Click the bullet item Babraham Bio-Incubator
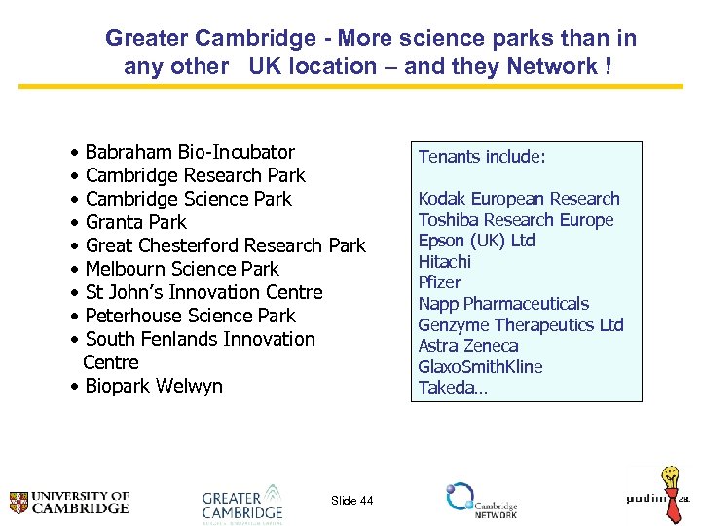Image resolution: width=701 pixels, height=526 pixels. [x=189, y=152]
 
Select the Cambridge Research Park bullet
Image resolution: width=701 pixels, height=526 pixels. [x=195, y=175]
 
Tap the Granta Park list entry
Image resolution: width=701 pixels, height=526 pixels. [x=135, y=222]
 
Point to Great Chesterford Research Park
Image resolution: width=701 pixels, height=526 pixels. [x=225, y=245]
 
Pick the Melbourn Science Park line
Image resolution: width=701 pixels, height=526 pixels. [x=182, y=269]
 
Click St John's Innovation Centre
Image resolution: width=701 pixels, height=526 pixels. [x=203, y=292]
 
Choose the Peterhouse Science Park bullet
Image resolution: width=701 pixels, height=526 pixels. [x=190, y=316]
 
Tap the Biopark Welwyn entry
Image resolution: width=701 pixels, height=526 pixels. [x=154, y=386]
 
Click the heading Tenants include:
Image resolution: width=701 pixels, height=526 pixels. [x=482, y=156]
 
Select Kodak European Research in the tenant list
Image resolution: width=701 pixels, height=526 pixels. [x=519, y=199]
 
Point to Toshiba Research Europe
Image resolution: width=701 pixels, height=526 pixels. [x=516, y=219]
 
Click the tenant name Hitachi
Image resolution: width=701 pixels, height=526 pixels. [x=445, y=261]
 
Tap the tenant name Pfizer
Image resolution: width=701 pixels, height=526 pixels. [x=439, y=282]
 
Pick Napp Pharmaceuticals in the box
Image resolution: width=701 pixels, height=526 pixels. [x=503, y=304]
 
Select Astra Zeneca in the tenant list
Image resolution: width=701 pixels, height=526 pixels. [x=468, y=346]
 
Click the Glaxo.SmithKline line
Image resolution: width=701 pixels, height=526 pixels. [x=480, y=367]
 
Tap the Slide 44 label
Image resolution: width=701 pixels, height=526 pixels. [x=351, y=501]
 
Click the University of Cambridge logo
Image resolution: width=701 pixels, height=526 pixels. [x=69, y=502]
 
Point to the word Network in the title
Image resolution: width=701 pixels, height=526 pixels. [x=550, y=66]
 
